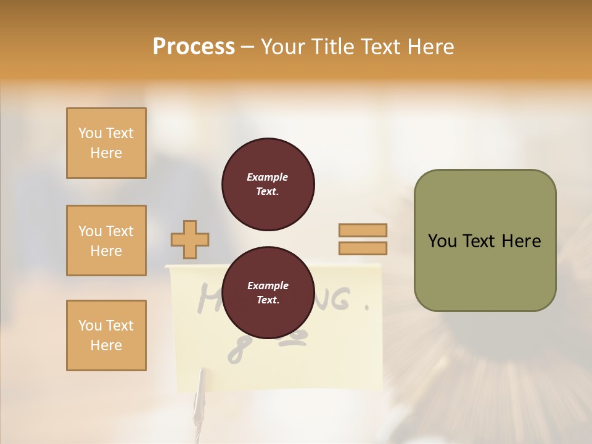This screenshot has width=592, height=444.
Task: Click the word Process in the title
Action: (x=194, y=47)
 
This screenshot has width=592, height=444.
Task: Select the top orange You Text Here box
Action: (x=106, y=143)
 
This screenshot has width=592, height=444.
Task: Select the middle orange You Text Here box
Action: (x=106, y=240)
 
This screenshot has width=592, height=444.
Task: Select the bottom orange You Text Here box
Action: (x=106, y=335)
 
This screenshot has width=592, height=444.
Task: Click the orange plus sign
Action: (x=190, y=239)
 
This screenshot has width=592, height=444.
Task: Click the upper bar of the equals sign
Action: (x=363, y=230)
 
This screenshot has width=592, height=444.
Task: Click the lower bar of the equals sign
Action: (x=363, y=248)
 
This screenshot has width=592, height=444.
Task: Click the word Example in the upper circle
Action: (x=268, y=177)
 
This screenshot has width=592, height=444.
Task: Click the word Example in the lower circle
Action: (x=268, y=286)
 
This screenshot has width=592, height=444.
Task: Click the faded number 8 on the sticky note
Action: (x=235, y=351)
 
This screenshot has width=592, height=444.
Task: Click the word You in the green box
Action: (x=442, y=241)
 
